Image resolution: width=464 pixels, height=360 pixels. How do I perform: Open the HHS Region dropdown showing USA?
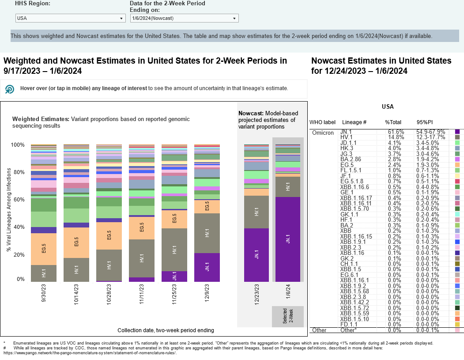pyautogui.click(x=70, y=18)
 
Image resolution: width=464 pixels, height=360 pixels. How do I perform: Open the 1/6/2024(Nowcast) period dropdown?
pyautogui.click(x=184, y=18)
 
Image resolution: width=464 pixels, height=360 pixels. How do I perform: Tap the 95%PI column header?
pyautogui.click(x=424, y=122)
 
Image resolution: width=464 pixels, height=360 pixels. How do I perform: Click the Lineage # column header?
pyautogui.click(x=354, y=122)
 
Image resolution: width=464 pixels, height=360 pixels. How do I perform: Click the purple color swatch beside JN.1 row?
pyautogui.click(x=457, y=132)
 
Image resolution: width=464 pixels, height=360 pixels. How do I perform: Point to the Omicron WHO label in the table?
pyautogui.click(x=323, y=133)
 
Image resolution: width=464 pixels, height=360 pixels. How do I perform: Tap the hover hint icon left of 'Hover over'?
pyautogui.click(x=9, y=89)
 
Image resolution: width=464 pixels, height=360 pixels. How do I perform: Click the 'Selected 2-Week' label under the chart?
pyautogui.click(x=288, y=316)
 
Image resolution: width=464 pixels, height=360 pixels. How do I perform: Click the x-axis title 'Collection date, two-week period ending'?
pyautogui.click(x=166, y=330)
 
